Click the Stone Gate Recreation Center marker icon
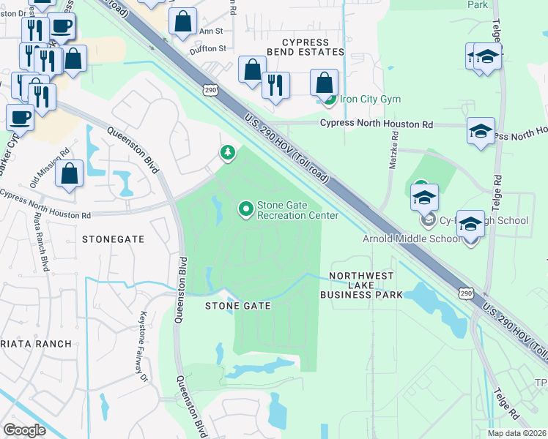point(246,210)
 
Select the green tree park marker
point(228,153)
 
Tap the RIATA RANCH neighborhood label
point(36,343)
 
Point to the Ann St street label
point(210,31)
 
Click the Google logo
point(24,429)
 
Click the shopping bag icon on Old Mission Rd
point(69,174)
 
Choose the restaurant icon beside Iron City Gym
point(275,84)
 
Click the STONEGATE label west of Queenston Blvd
point(114,239)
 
